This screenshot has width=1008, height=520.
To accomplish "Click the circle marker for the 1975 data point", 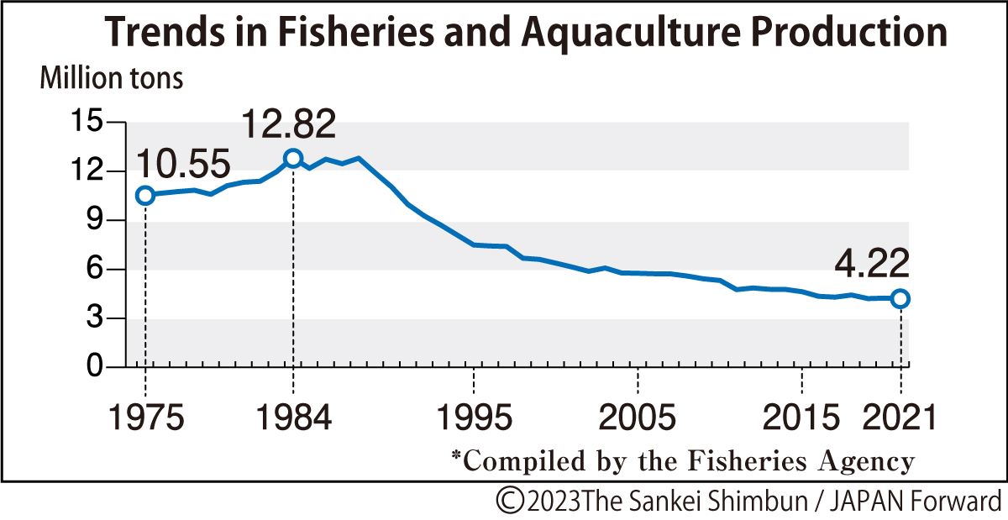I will [144, 195].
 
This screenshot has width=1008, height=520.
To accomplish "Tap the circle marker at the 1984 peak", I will [292, 158].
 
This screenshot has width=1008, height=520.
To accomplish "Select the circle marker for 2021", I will [900, 298].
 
